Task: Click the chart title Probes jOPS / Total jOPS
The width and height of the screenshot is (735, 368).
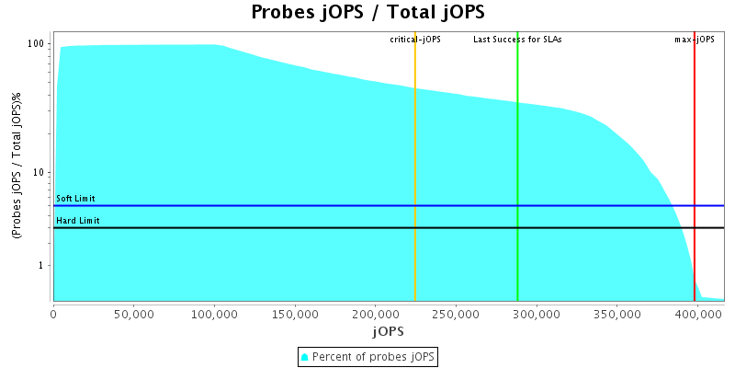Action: click(367, 13)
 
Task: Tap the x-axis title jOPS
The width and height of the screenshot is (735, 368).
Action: click(388, 329)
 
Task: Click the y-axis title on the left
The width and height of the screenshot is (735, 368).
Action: click(17, 167)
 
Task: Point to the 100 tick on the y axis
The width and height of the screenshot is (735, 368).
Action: click(38, 43)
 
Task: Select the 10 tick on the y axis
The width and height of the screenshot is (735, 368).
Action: click(40, 173)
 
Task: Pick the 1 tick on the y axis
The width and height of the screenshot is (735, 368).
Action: click(43, 266)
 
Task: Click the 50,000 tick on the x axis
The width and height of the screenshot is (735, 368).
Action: click(133, 315)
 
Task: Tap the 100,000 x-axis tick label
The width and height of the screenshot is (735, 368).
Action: click(214, 315)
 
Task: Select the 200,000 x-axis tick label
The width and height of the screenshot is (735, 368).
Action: click(375, 315)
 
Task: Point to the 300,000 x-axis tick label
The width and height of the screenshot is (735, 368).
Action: click(536, 315)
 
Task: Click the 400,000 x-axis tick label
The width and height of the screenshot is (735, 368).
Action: click(696, 315)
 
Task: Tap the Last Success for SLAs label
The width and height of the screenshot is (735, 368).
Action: click(517, 40)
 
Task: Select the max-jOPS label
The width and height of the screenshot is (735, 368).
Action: click(695, 40)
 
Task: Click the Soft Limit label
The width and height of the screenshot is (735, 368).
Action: click(75, 199)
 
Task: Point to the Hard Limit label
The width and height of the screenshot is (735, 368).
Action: click(77, 221)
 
